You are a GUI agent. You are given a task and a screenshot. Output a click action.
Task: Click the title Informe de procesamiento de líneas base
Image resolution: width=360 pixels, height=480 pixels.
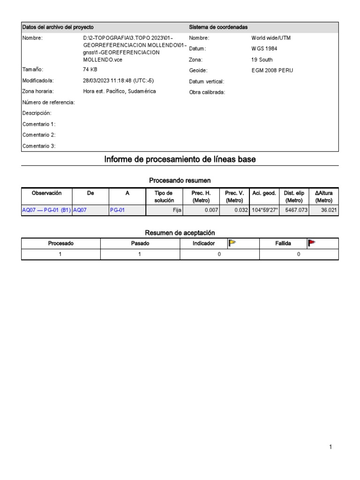tap(180, 159)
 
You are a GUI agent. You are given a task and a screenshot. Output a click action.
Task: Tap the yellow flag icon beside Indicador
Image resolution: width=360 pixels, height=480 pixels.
tap(232, 243)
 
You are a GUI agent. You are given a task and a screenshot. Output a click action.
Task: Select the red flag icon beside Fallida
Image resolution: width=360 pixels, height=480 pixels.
tap(312, 243)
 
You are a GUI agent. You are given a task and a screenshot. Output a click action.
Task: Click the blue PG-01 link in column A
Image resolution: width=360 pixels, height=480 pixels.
tap(117, 210)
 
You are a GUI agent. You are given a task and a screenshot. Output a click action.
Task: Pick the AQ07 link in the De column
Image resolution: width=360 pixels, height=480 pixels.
tap(80, 210)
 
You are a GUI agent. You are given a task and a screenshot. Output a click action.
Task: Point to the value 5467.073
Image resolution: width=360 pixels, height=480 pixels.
tap(296, 210)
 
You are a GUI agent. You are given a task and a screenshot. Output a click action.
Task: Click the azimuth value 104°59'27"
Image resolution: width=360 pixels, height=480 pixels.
tap(264, 210)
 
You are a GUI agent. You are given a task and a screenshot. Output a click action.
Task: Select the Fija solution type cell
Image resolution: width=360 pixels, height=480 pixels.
tap(177, 210)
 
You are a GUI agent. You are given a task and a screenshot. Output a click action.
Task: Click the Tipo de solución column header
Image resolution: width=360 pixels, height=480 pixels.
tap(164, 196)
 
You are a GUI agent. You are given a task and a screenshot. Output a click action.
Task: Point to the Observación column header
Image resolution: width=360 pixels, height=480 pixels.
tap(46, 193)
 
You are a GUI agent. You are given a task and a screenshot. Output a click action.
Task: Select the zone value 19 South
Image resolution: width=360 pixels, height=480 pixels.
tap(262, 60)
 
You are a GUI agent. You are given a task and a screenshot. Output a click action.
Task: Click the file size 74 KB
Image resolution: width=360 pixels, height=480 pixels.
tap(90, 69)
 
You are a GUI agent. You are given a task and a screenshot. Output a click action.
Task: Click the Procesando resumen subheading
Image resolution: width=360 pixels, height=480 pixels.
tap(180, 180)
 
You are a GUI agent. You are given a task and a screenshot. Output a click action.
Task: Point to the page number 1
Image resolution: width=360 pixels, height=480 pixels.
tap(330, 447)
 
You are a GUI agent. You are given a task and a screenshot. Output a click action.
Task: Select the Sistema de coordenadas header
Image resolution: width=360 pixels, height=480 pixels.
tap(218, 27)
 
